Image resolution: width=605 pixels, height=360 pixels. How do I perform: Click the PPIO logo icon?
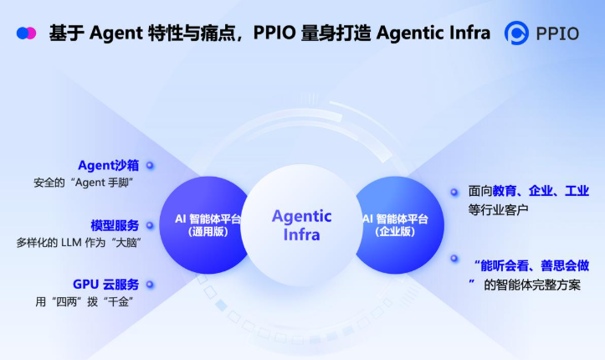tap(520, 33)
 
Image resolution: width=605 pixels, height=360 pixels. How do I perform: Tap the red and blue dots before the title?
tap(26, 33)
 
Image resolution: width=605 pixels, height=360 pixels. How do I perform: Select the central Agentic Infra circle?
tap(302, 224)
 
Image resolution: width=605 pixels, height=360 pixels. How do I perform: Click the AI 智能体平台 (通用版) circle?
tap(203, 224)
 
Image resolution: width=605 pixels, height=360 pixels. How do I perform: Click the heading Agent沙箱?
tap(109, 165)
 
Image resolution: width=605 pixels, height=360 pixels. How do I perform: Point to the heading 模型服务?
tap(115, 225)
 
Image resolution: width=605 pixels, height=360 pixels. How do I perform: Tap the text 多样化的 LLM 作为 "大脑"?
tap(77, 242)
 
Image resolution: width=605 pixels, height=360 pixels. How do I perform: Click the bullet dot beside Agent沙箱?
tap(150, 166)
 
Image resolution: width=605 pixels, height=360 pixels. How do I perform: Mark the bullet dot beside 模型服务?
tap(150, 226)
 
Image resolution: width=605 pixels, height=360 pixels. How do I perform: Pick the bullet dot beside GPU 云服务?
tap(150, 285)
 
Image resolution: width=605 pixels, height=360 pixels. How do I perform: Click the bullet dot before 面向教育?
tap(454, 192)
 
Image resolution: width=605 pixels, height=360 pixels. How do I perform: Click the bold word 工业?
tap(577, 192)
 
